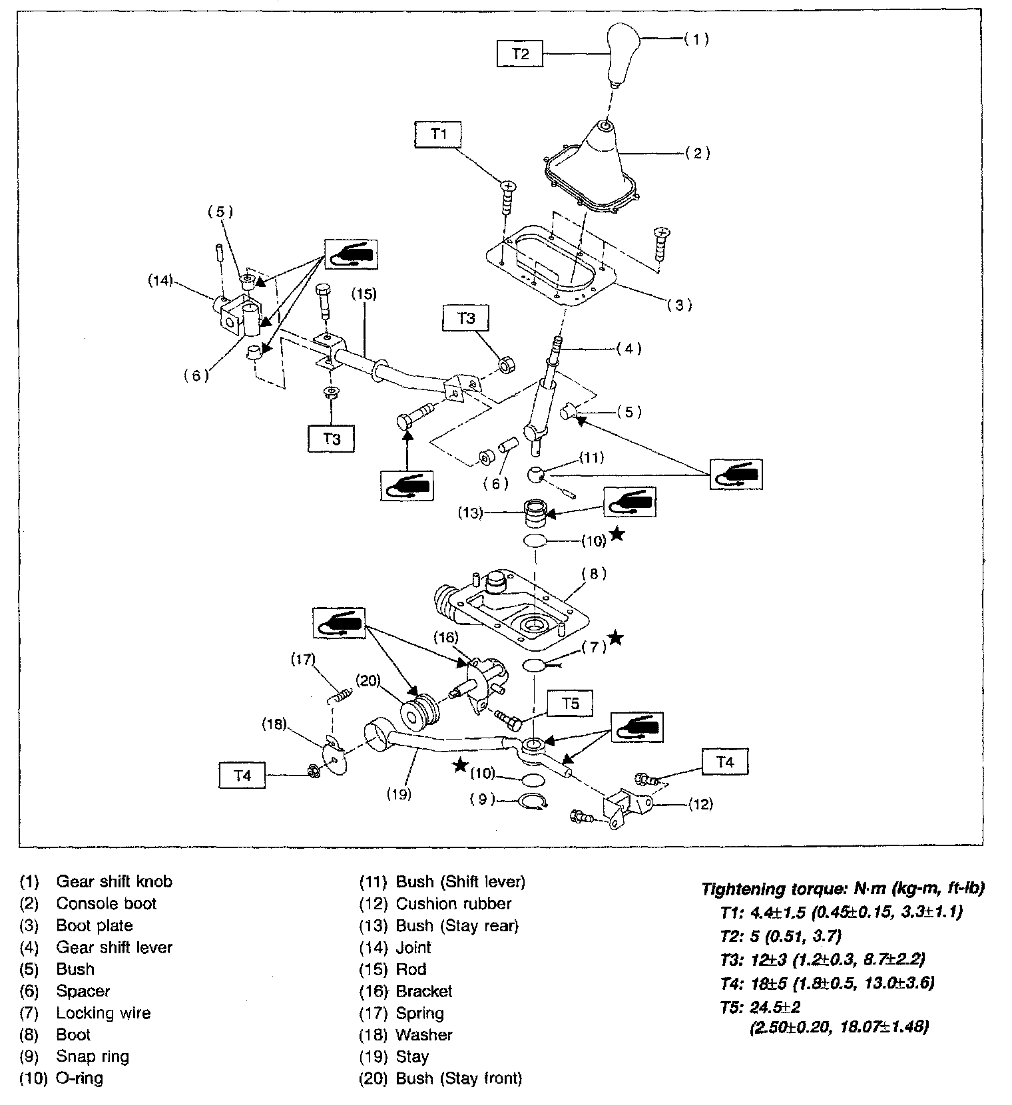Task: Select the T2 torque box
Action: click(520, 54)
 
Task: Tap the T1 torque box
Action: click(437, 134)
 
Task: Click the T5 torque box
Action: click(571, 704)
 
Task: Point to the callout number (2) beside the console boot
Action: click(697, 153)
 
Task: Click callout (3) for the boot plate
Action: click(679, 306)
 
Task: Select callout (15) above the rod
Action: click(364, 294)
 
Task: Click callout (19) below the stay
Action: click(398, 793)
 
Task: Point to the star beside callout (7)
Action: click(617, 638)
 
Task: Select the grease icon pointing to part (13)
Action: click(629, 502)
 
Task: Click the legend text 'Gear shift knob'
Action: click(114, 881)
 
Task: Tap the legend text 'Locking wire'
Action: click(103, 1013)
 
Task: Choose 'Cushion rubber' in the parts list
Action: click(453, 903)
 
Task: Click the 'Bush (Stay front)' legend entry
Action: click(459, 1078)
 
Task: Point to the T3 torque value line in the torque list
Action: click(822, 959)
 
